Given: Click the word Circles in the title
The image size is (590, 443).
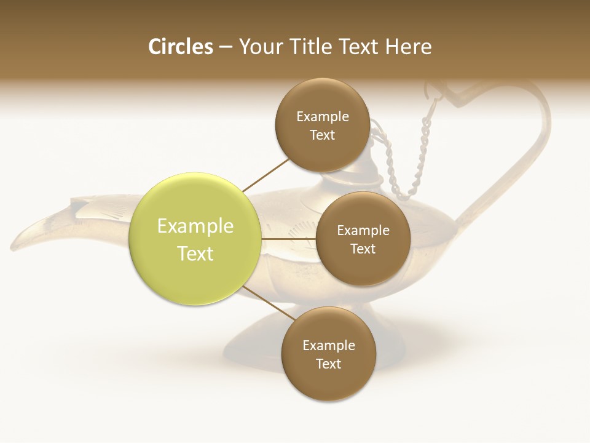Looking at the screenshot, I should point(181,47).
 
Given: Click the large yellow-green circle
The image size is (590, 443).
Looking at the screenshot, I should point(195,239).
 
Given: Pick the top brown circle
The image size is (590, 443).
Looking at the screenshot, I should point(323,125).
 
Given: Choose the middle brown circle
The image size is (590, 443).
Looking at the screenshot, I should point(363,239).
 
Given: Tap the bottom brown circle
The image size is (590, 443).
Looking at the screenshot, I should point(328,354).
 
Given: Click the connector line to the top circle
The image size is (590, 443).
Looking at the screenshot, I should point(265,175).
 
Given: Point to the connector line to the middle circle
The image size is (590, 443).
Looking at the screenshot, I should point(288,239).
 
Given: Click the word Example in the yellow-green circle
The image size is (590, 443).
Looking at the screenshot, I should point(195,226).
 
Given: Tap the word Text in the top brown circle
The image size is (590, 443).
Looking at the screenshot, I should point(323,135).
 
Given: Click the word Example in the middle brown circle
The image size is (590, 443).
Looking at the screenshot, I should point(363,230).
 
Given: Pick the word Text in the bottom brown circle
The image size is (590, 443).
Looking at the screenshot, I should point(328,364).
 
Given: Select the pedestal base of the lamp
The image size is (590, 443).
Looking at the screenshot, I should point(258,345).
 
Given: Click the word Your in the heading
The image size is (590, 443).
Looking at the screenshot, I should point(258,47).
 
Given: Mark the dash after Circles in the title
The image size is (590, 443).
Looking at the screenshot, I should point(226,47).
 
